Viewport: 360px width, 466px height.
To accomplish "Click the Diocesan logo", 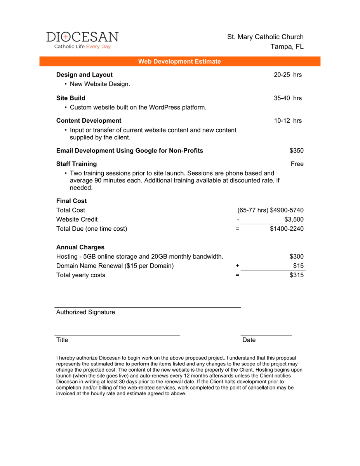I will pyautogui.click(x=82, y=40).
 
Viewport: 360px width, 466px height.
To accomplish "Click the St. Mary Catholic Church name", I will pyautogui.click(x=265, y=37).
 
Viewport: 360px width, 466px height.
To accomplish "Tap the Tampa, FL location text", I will pyautogui.click(x=287, y=47).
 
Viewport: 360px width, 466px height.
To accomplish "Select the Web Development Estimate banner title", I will pyautogui.click(x=179, y=61).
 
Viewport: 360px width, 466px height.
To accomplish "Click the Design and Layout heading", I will pyautogui.click(x=84, y=75).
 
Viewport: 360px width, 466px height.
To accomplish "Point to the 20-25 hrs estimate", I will pyautogui.click(x=287, y=75).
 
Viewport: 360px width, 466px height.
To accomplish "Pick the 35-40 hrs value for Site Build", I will pyautogui.click(x=287, y=98).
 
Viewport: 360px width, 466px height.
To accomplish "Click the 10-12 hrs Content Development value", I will pyautogui.click(x=287, y=120).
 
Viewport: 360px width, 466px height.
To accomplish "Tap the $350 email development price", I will pyautogui.click(x=296, y=151).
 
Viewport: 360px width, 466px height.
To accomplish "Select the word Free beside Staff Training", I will pyautogui.click(x=297, y=164).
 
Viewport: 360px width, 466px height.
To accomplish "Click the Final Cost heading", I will pyautogui.click(x=71, y=201).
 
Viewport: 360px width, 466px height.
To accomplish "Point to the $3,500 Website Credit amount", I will pyautogui.click(x=294, y=219).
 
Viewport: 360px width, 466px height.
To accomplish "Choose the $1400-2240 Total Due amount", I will pyautogui.click(x=287, y=229).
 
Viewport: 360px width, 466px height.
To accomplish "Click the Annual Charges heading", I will pyautogui.click(x=80, y=247).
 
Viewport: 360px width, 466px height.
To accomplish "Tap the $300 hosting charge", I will pyautogui.click(x=296, y=257).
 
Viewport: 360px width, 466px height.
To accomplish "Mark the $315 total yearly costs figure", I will pyautogui.click(x=296, y=275).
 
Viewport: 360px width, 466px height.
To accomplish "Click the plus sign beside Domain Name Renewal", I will pyautogui.click(x=237, y=266).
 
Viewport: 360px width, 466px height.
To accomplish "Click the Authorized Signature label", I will pyautogui.click(x=85, y=312).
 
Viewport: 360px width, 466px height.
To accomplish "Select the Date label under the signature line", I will pyautogui.click(x=249, y=340).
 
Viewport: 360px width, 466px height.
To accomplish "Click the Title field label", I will pyautogui.click(x=62, y=340).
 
